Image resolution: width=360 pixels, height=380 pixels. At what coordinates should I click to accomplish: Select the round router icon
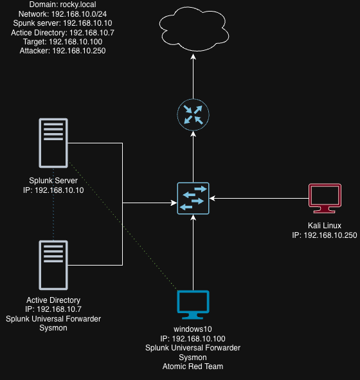pyautogui.click(x=194, y=114)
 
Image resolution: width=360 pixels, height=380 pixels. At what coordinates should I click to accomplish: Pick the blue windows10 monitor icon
pyautogui.click(x=194, y=305)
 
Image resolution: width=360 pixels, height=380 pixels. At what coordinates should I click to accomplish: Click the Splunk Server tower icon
pyautogui.click(x=53, y=143)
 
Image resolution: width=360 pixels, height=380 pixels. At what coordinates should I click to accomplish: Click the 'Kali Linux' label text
pyautogui.click(x=324, y=226)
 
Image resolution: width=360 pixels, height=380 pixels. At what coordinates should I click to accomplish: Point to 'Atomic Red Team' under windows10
pyautogui.click(x=194, y=366)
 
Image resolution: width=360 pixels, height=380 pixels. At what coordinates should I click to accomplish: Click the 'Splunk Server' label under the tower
pyautogui.click(x=53, y=181)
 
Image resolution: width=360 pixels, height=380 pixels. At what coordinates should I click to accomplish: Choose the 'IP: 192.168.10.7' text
pyautogui.click(x=53, y=309)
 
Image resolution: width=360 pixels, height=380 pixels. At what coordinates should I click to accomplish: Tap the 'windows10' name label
pyautogui.click(x=194, y=329)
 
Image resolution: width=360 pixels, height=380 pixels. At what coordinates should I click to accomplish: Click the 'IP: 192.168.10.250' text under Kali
pyautogui.click(x=324, y=235)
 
